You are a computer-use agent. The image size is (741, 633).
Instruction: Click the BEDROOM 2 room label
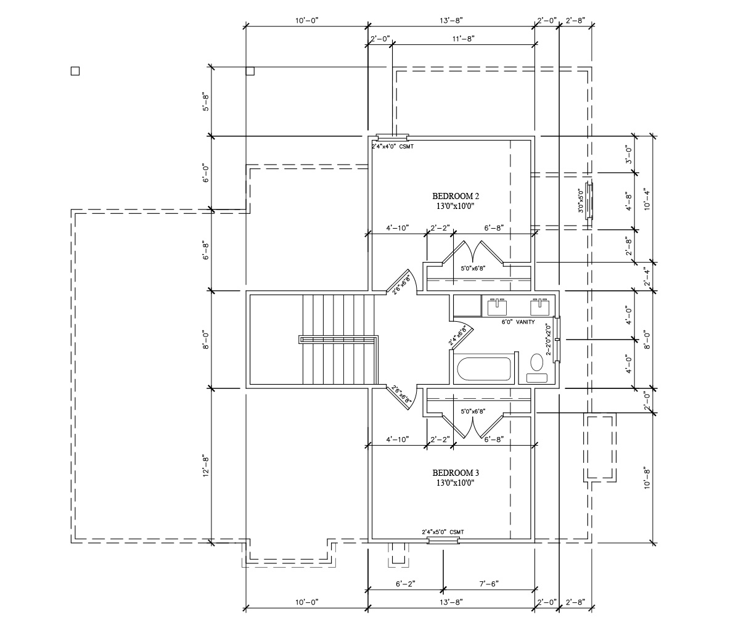point(456,196)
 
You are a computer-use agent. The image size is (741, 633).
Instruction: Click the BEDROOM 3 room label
point(456,473)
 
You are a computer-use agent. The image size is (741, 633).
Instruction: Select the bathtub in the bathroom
point(483,369)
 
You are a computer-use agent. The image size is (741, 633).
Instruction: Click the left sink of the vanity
point(497,307)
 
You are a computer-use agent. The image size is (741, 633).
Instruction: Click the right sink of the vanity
point(539,307)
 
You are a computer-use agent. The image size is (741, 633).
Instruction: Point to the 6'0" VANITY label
point(518,322)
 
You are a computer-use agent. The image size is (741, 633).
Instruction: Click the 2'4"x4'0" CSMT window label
point(393,146)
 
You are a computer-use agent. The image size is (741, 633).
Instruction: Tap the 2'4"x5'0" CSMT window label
point(443,532)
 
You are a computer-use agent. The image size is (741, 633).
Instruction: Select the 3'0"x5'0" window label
point(581,201)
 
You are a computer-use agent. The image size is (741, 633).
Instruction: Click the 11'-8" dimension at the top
point(463,39)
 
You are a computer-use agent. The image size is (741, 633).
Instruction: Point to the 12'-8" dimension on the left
point(205,467)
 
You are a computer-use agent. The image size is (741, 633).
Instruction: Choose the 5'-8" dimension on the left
point(205,102)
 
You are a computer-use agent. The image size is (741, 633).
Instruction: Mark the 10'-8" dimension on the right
point(647,478)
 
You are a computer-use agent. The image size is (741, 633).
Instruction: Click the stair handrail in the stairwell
point(338,340)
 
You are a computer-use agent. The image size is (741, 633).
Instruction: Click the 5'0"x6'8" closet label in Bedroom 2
point(473,268)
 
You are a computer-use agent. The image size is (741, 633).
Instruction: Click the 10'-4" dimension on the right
point(647,199)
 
